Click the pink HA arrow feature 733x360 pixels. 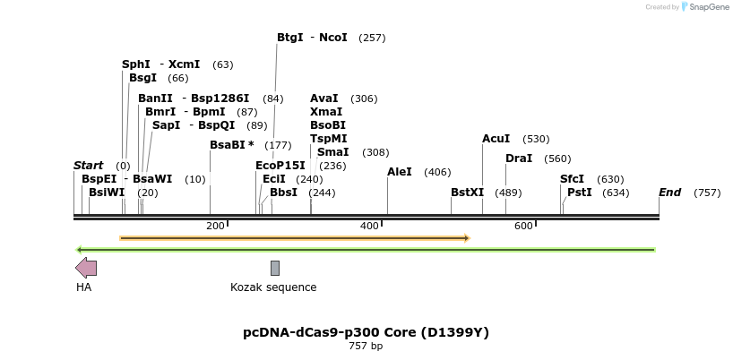(x=86, y=267)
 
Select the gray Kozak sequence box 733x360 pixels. (x=275, y=268)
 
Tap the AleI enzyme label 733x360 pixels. (x=400, y=172)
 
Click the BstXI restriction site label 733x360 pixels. (x=467, y=193)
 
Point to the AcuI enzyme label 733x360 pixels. (x=496, y=139)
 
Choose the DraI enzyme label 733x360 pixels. (x=519, y=159)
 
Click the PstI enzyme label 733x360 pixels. (x=580, y=193)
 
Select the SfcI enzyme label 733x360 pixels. (x=573, y=179)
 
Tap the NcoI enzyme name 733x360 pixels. (x=332, y=38)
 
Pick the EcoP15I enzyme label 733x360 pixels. (x=280, y=166)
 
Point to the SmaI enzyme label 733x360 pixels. (x=333, y=152)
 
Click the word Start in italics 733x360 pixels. (x=88, y=166)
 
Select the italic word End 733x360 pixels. (x=669, y=193)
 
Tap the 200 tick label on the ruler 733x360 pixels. (x=215, y=226)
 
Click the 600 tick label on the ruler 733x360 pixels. (x=524, y=226)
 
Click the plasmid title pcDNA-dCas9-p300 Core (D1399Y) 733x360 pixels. (x=366, y=332)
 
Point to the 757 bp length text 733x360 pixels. (x=366, y=347)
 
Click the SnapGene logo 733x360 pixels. (x=705, y=7)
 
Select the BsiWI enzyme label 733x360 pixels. (x=107, y=193)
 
